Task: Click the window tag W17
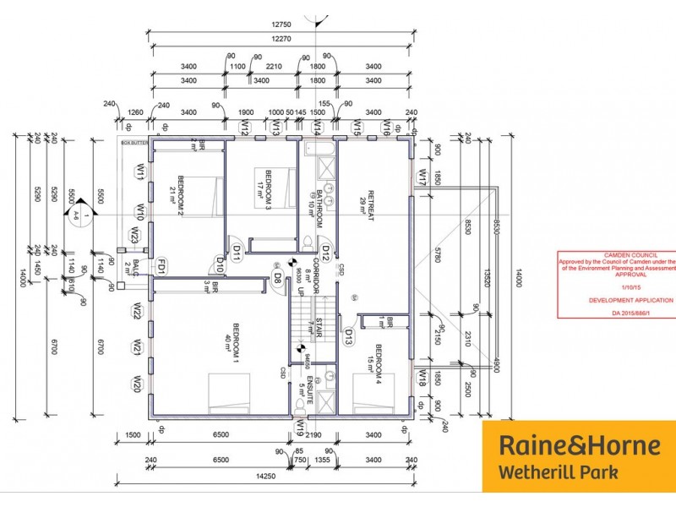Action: coord(420,178)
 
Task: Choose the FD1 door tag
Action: coord(160,270)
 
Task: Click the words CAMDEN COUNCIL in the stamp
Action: coord(615,254)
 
